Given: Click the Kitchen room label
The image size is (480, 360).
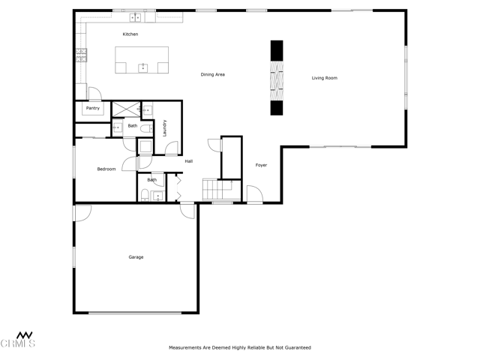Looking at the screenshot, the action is (130, 34).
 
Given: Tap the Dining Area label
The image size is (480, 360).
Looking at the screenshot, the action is (213, 74).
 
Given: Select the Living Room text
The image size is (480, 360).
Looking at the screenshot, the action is (325, 78).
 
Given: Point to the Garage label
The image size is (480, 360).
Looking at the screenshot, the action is (136, 257).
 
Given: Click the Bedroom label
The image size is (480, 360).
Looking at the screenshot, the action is (106, 169).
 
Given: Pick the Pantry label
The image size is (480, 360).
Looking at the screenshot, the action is (93, 108).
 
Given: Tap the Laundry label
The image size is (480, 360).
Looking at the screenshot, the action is (165, 128).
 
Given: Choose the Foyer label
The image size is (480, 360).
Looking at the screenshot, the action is (261, 165).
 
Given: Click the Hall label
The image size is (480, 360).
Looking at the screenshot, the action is (189, 161).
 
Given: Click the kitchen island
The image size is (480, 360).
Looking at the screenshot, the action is (142, 60).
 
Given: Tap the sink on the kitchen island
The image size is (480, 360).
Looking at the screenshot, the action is (143, 68).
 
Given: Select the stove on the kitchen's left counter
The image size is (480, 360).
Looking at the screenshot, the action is (82, 55).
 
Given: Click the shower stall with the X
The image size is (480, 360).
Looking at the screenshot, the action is (127, 109).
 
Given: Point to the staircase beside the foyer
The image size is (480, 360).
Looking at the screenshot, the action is (222, 190).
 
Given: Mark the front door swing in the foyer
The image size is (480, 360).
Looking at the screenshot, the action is (255, 194).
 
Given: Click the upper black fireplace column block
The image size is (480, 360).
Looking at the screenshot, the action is (277, 50).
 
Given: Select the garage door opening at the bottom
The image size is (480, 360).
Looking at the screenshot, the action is (135, 313).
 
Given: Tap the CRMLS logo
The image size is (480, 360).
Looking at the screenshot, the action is (17, 340).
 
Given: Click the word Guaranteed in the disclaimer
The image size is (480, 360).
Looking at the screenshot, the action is (298, 348).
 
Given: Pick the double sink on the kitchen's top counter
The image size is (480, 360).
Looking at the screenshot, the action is (135, 18).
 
